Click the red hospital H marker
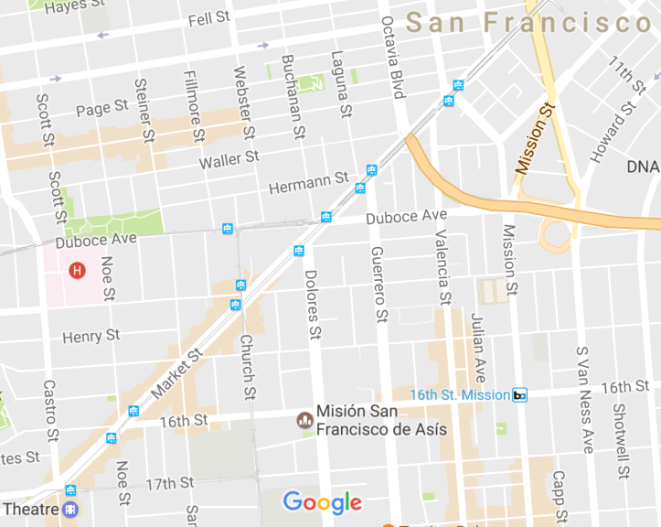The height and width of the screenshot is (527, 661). (77, 270)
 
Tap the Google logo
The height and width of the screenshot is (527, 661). (322, 502)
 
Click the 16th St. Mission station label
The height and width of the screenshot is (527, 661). (459, 394)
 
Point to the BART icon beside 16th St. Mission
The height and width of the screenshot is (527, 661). (519, 395)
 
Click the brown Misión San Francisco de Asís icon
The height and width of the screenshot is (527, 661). (304, 420)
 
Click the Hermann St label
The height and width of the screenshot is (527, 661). (309, 183)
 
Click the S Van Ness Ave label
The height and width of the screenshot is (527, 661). (584, 399)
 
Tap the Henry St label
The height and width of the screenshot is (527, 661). (91, 337)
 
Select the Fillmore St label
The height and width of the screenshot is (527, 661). (194, 107)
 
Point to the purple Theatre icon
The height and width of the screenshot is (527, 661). (69, 510)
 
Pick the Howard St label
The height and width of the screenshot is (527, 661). (613, 132)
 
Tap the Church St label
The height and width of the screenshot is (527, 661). (246, 366)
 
